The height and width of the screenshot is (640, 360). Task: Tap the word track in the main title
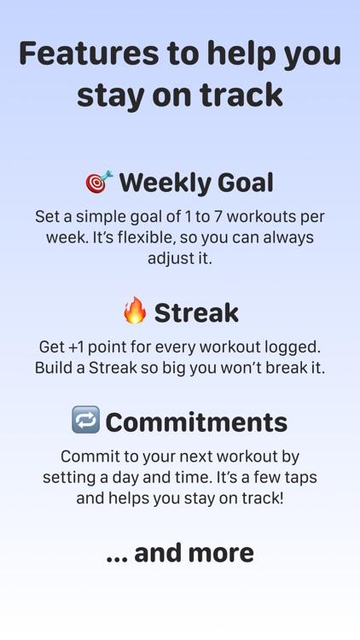[x=242, y=95]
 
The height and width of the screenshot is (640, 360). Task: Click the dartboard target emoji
[x=99, y=182]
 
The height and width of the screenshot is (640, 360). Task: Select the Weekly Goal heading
[x=196, y=183]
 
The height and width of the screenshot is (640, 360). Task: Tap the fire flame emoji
[x=135, y=311]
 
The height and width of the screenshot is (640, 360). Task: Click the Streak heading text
[x=196, y=312]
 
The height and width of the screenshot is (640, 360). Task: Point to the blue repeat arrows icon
[x=85, y=420]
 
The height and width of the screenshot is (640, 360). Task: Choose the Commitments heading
[x=196, y=422]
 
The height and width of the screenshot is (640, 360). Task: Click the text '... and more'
[x=180, y=552]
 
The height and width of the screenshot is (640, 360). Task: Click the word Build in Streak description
[x=54, y=369]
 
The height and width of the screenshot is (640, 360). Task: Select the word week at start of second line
[x=66, y=237]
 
